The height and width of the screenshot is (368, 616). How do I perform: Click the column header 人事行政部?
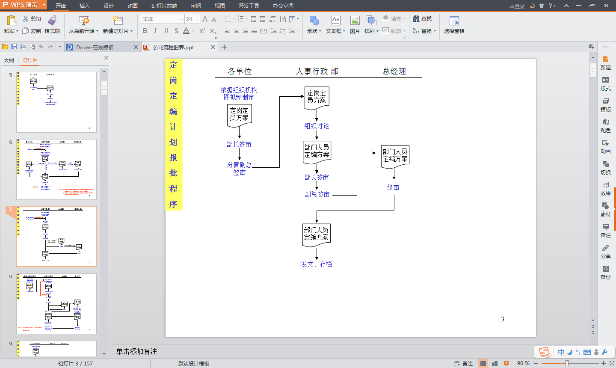coord(317,71)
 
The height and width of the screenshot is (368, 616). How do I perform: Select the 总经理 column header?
coord(394,71)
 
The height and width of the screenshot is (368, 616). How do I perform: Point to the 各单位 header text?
coord(240,71)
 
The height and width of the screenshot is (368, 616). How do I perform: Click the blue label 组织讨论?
coord(317,126)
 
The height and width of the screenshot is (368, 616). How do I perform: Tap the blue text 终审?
coord(393,187)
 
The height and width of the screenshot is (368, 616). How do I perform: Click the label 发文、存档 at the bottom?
coord(316,264)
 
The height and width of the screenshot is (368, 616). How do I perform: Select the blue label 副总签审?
coord(317,194)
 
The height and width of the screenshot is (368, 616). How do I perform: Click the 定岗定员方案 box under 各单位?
coord(239,115)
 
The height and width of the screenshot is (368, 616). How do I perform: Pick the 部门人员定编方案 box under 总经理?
coord(395,156)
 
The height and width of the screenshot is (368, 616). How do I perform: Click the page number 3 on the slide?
coord(503,319)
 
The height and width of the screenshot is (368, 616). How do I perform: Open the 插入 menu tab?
coord(85,6)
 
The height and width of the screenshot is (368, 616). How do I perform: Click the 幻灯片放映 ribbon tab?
coord(164,6)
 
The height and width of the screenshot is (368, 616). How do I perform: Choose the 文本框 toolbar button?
coord(335,25)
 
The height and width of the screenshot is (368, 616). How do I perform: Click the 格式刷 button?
coord(52,25)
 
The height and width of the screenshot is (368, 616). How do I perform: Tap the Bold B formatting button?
coord(145,31)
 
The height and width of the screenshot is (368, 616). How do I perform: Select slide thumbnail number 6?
coord(56,169)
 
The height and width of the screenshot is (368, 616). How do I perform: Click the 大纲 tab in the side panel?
coord(9,60)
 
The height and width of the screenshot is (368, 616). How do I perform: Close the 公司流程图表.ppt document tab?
coord(213,47)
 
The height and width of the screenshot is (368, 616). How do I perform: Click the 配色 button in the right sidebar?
coord(605,126)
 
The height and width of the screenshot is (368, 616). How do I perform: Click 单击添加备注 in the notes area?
coord(136,351)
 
